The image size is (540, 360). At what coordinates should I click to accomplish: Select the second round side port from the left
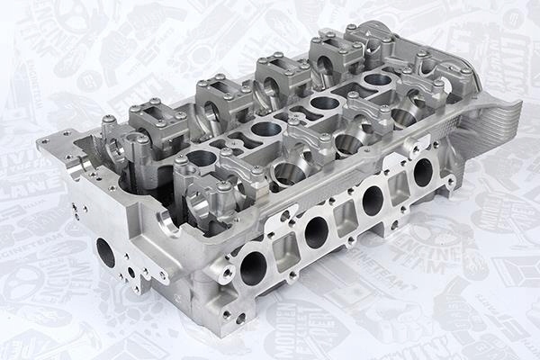tap(316, 233)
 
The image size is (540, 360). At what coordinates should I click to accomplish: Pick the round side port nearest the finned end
tap(422, 171)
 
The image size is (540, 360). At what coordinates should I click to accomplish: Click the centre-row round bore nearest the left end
tap(202, 159)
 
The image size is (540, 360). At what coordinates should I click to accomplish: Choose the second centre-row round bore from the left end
tap(266, 129)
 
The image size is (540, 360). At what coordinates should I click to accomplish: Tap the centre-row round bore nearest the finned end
tap(377, 79)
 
